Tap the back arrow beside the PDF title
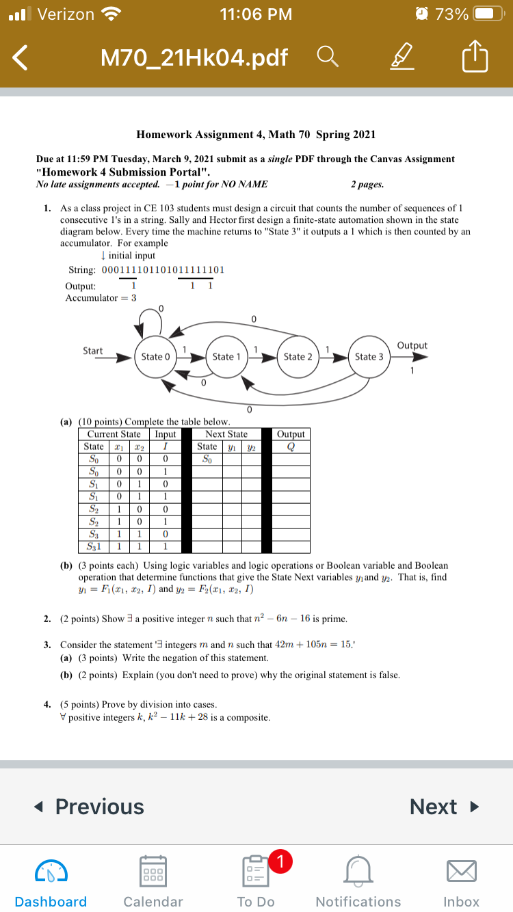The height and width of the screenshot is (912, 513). (21, 58)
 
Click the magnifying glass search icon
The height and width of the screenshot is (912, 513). (326, 58)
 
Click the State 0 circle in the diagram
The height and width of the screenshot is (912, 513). (152, 356)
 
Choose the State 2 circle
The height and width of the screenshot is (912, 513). (298, 356)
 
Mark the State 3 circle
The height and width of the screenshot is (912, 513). (370, 356)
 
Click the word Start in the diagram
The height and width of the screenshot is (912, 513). (93, 351)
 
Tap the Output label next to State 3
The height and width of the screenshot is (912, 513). (412, 345)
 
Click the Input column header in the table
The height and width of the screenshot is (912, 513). (166, 434)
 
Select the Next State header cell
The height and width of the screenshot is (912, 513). (226, 434)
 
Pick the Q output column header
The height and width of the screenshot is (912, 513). (291, 446)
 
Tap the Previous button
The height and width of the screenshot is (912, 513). (90, 807)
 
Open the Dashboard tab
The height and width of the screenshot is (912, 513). (51, 882)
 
